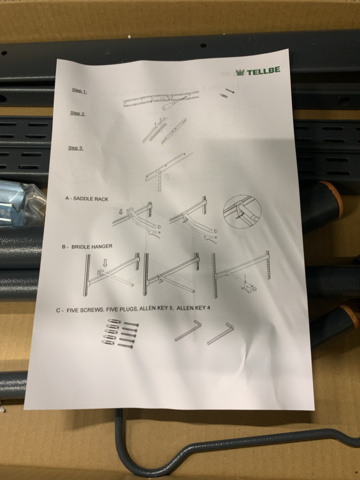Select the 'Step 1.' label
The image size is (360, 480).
[x=79, y=90]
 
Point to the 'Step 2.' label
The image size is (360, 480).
[x=77, y=114]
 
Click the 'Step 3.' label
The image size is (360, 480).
[x=76, y=148]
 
